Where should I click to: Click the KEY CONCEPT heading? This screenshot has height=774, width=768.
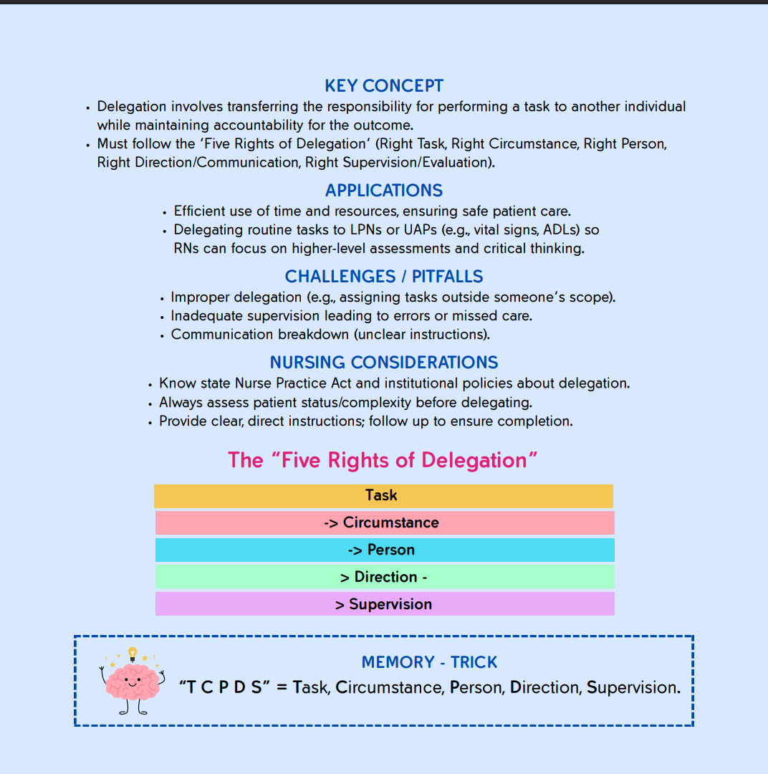(384, 86)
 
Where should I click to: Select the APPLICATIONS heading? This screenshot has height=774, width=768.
(384, 191)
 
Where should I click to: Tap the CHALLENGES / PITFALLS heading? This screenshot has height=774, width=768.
(384, 277)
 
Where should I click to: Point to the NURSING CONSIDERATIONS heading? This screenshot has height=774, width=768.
(384, 363)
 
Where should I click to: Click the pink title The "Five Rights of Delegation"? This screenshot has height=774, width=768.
(383, 460)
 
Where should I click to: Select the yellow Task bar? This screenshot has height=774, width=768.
(383, 496)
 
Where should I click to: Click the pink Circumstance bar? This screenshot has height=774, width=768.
(385, 522)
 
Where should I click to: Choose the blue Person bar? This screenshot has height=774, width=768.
(385, 550)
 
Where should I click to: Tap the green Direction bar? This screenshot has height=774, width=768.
(385, 577)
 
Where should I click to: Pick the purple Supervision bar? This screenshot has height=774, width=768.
(385, 604)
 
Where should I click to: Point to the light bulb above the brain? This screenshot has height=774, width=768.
(133, 653)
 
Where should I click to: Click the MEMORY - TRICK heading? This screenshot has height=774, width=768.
(429, 662)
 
